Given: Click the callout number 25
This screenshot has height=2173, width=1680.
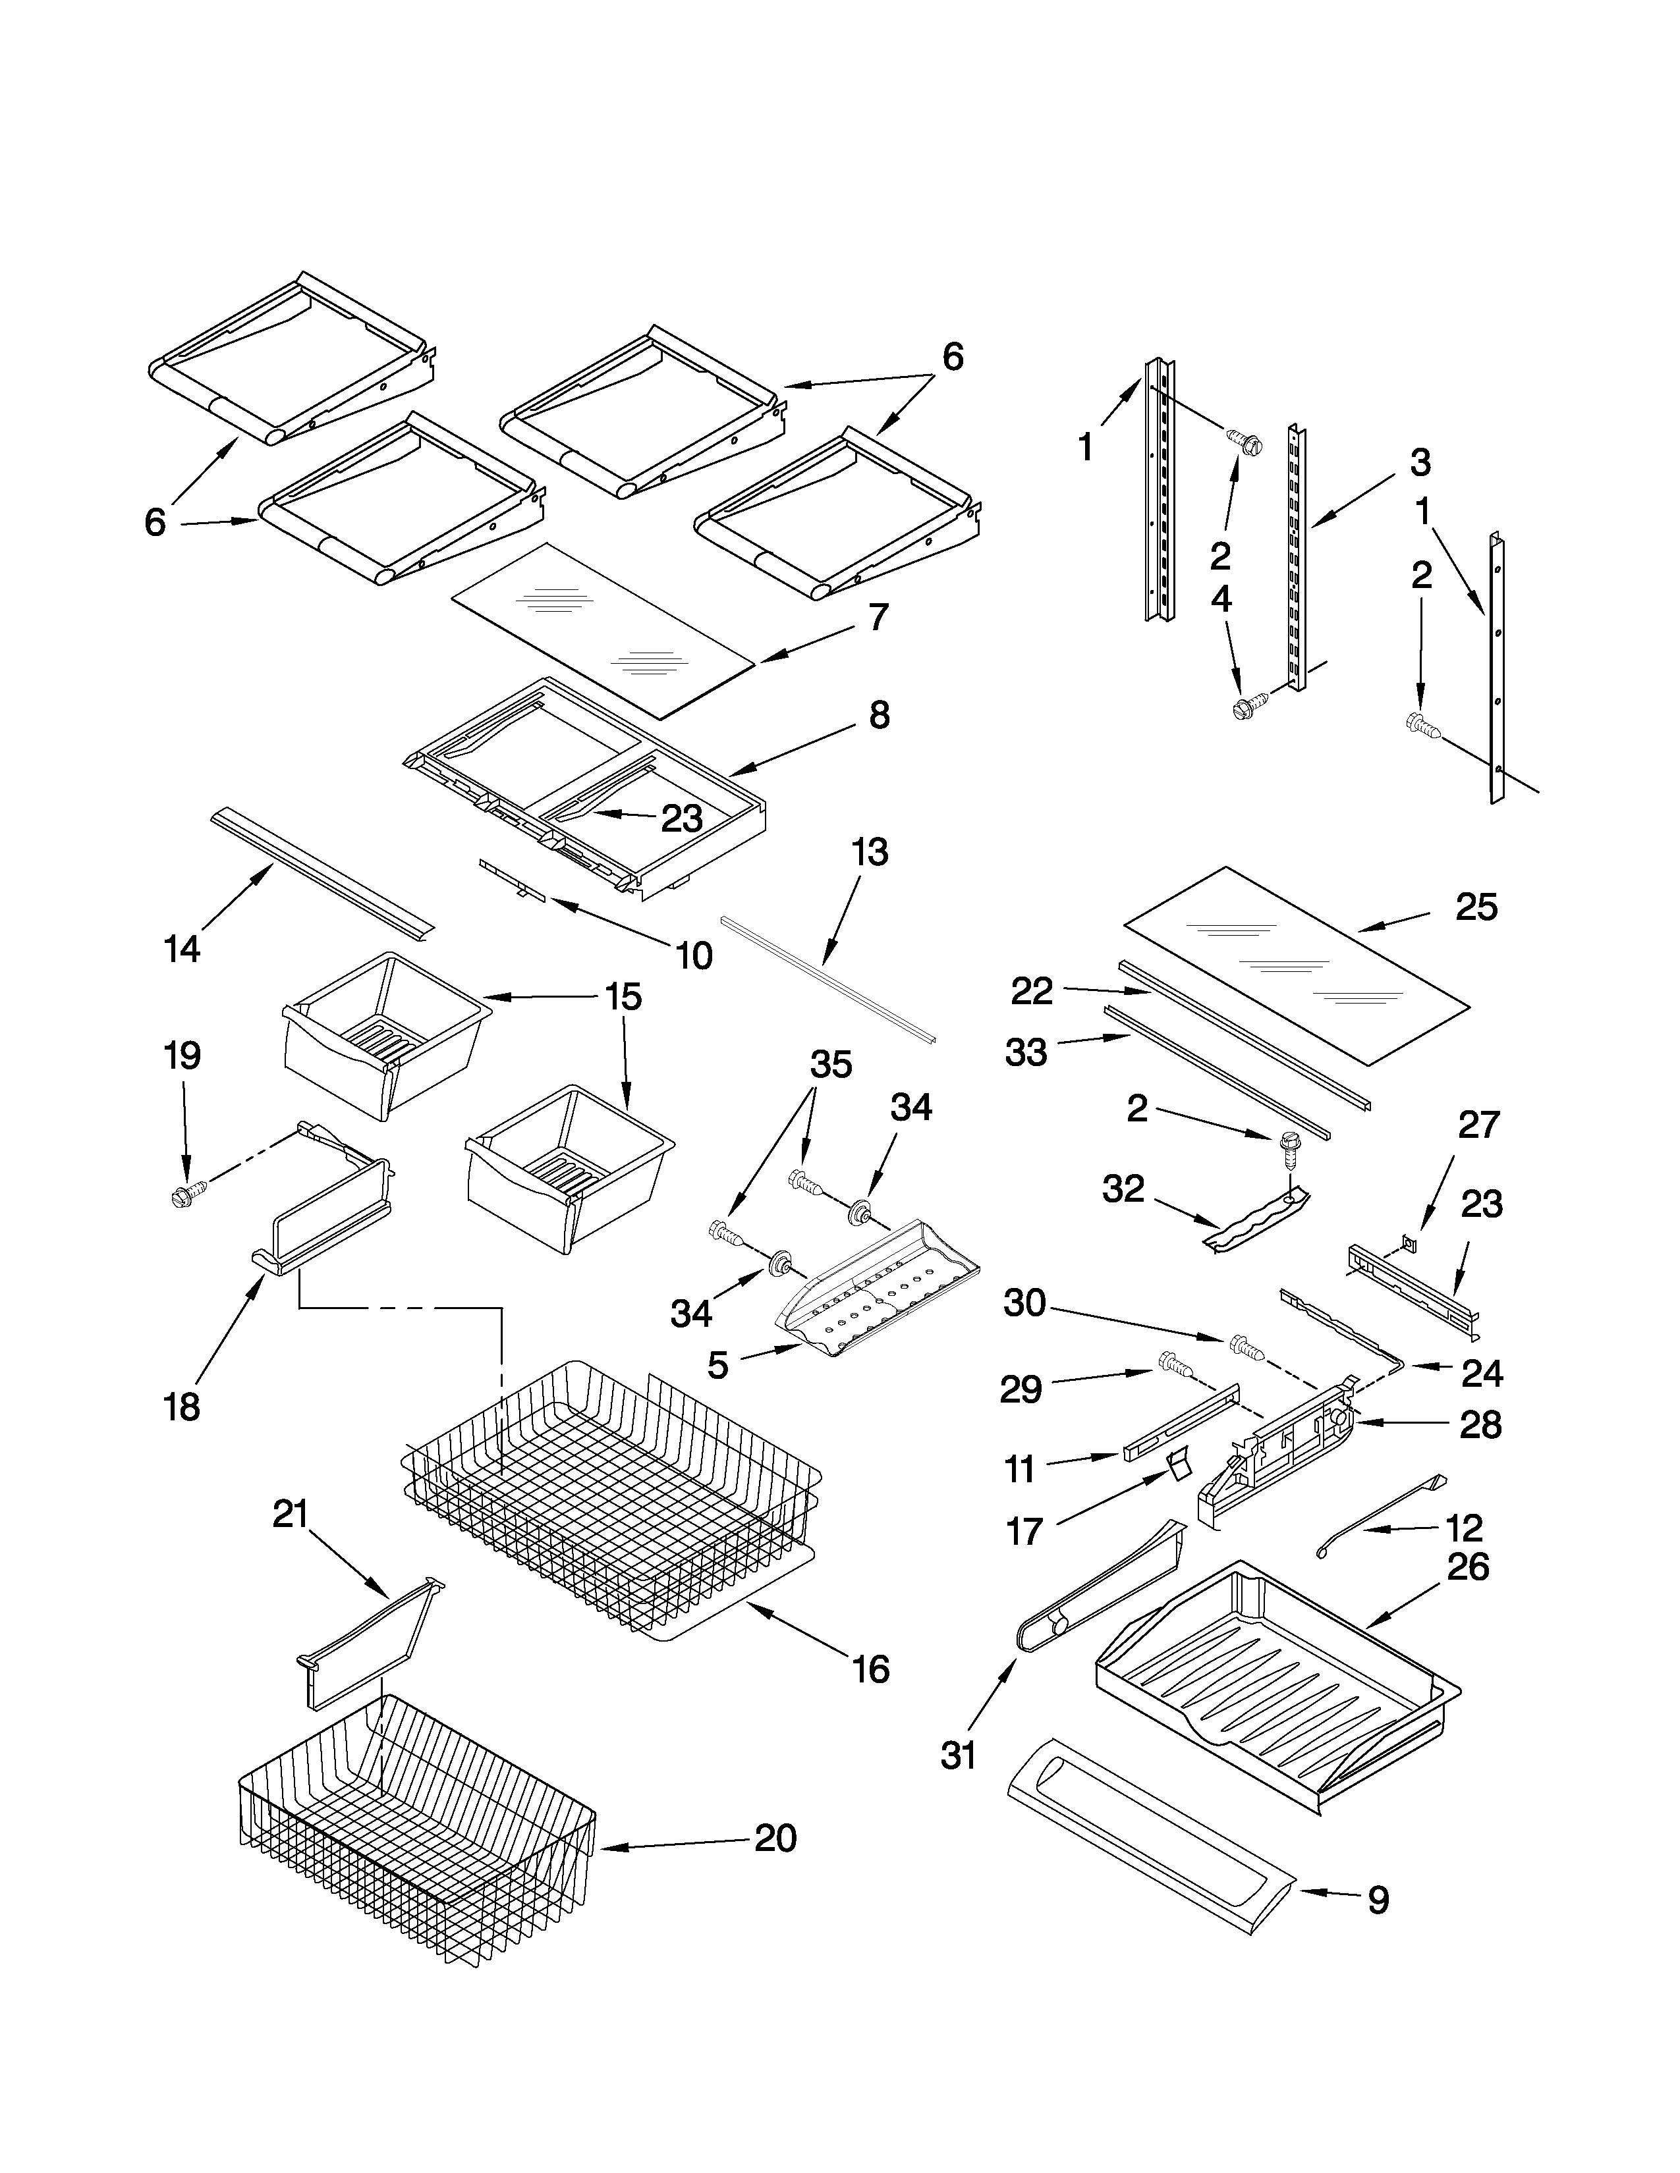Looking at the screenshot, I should (x=1476, y=907).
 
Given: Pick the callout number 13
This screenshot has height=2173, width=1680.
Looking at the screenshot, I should (x=869, y=853).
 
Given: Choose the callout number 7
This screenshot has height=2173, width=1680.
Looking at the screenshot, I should (x=877, y=617).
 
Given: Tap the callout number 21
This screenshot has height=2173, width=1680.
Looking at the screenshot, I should (x=291, y=1515).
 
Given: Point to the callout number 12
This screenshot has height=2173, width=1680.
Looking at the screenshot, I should (x=1463, y=1527).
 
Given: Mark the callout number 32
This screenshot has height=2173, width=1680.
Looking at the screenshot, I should (x=1123, y=1188).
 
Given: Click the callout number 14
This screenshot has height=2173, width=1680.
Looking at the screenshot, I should (x=182, y=948).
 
